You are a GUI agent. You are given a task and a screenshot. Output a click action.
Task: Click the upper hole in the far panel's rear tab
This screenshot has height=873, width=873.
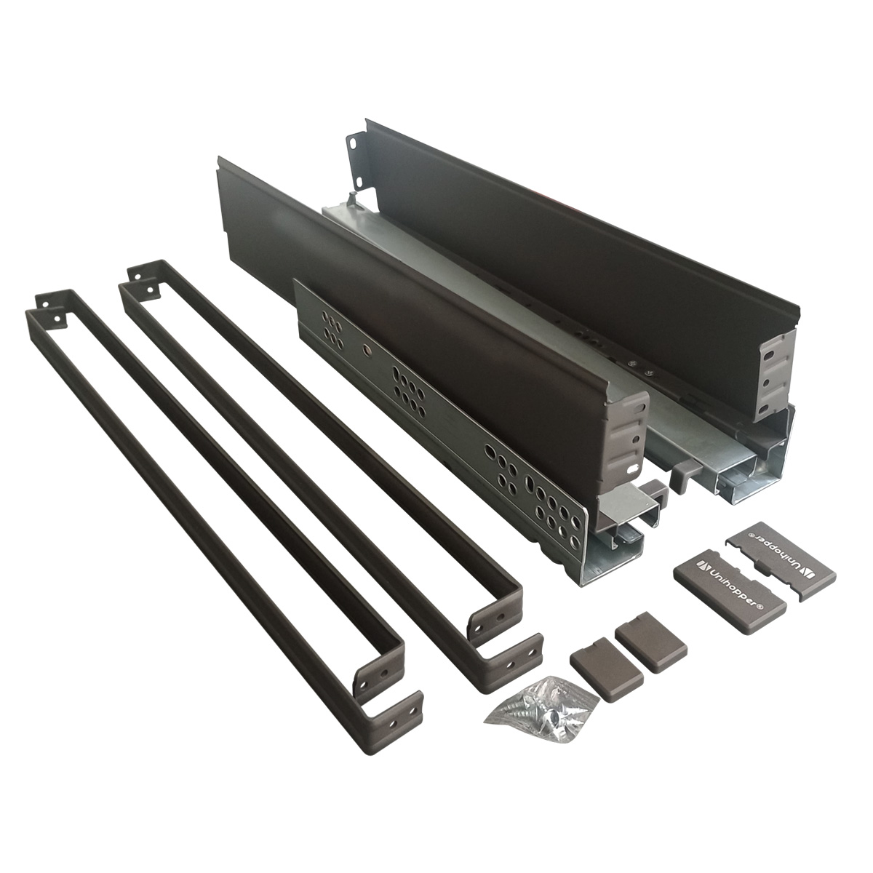[351, 142]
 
